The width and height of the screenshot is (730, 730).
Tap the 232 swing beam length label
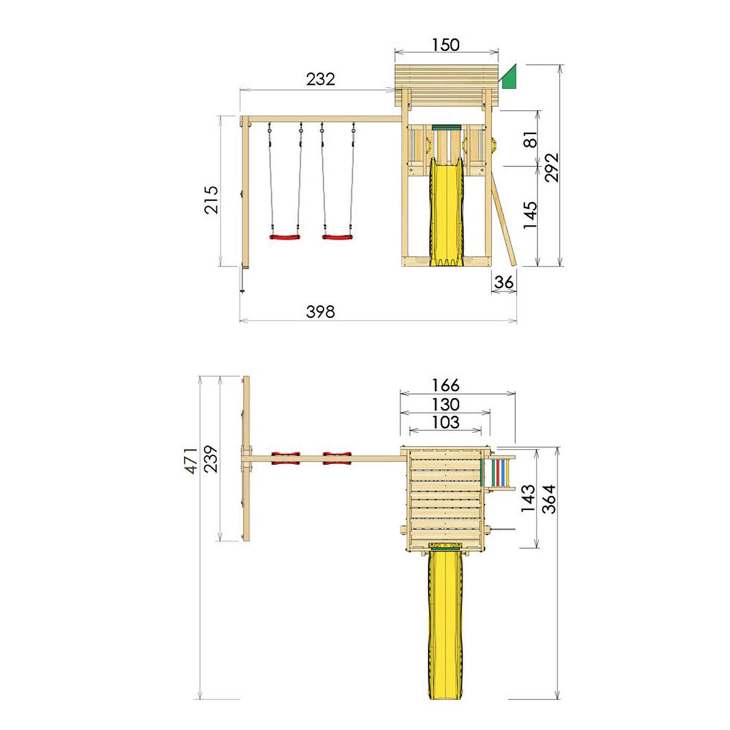coord(320,80)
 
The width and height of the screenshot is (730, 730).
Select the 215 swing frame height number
coord(211,200)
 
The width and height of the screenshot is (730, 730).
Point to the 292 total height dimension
coord(552,167)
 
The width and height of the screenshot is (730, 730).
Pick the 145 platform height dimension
coord(530,215)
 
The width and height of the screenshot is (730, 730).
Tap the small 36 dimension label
coord(504,282)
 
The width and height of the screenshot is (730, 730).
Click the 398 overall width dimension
coord(320,311)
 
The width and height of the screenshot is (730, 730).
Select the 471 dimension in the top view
coord(190,461)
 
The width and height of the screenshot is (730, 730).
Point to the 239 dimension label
coord(211,459)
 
